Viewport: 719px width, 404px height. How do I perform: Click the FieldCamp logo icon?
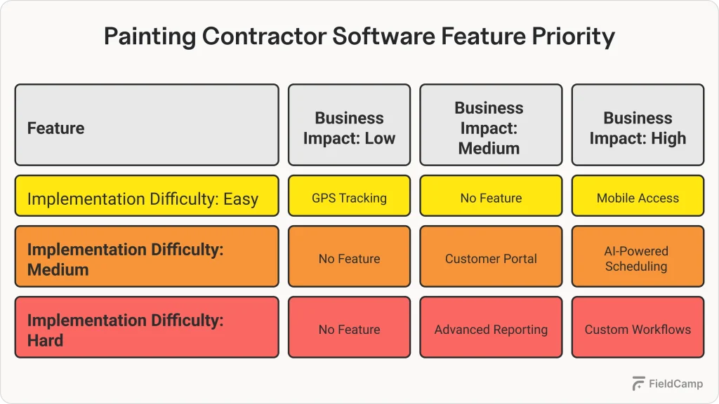point(638,383)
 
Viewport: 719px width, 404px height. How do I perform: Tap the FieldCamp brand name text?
point(675,384)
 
